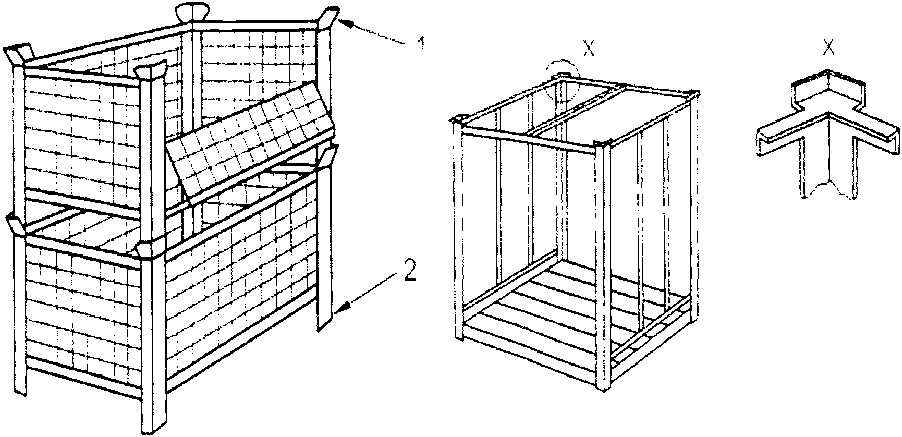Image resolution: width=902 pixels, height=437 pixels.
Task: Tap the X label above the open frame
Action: [589, 48]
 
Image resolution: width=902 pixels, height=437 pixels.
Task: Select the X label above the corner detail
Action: [827, 48]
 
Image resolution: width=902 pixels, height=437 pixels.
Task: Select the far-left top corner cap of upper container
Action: [19, 53]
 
